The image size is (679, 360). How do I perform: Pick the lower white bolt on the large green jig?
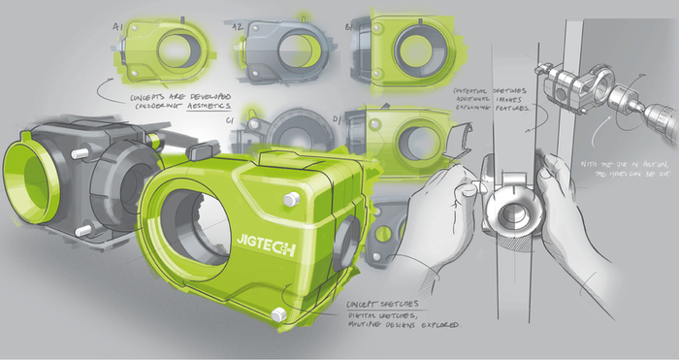tap(279, 313)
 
